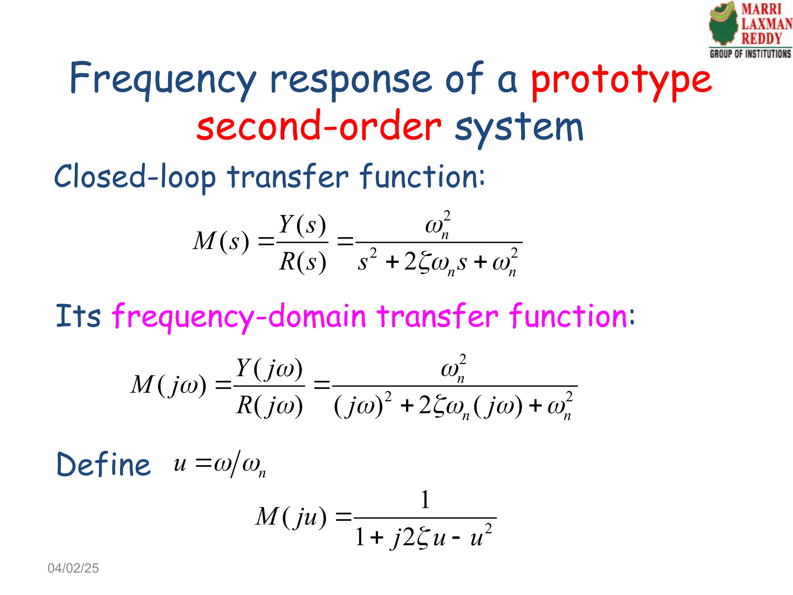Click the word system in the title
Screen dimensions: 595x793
[519, 128]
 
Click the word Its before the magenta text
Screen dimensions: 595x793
[78, 316]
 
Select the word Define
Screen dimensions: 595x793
[103, 464]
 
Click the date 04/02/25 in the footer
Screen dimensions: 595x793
[73, 568]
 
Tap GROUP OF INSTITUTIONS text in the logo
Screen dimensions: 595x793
[750, 54]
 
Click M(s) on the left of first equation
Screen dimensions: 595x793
[221, 241]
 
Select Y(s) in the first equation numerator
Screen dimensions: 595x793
[302, 224]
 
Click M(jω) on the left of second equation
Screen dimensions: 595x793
[168, 385]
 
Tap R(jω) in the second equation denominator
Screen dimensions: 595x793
[269, 406]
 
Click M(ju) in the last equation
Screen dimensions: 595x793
[291, 517]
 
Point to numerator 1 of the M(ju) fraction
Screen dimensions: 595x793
[425, 500]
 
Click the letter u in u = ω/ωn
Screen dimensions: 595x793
[180, 464]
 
